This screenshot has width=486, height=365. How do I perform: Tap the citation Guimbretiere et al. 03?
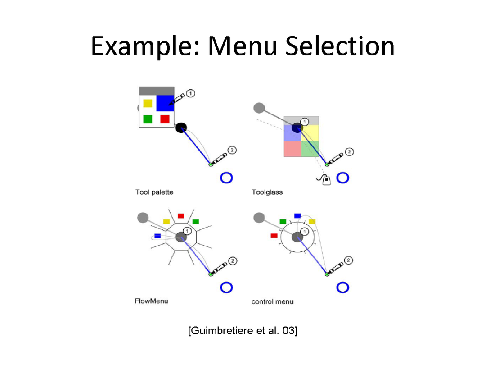coord(243,331)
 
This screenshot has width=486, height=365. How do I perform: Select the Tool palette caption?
coord(154,192)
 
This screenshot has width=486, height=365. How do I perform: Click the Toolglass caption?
coord(267,192)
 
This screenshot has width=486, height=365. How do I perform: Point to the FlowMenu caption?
coord(151,301)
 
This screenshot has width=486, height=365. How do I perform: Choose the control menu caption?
coord(272,301)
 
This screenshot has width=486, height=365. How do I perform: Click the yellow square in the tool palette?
coord(148,103)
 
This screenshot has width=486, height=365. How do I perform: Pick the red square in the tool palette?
coord(165,119)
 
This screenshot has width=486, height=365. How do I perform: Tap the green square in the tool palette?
coord(148,119)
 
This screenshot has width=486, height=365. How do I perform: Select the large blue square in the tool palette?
coord(165,103)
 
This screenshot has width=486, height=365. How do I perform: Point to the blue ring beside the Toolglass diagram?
coord(343,178)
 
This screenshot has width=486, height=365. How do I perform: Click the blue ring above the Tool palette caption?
coord(226,178)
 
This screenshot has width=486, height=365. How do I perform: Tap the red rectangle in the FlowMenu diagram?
coord(181,216)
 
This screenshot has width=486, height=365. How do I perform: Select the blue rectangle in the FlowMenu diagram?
coord(157,236)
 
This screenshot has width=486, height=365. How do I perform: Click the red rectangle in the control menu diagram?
coord(274,235)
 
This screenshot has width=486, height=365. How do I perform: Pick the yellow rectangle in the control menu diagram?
coord(312,221)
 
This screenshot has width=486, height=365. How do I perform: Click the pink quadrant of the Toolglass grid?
coord(292,149)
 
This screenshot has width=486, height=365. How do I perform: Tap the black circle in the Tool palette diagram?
coord(181,128)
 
